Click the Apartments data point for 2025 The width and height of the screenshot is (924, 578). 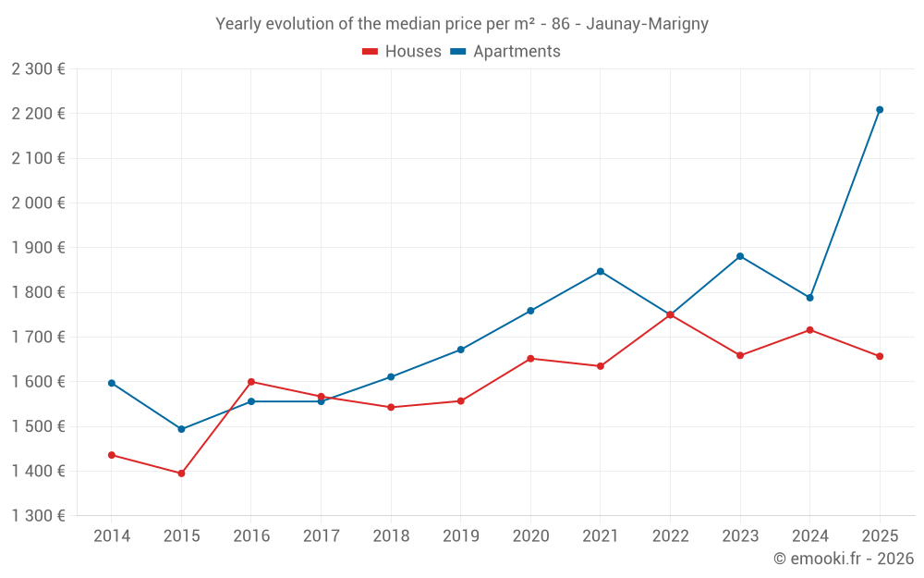point(880,110)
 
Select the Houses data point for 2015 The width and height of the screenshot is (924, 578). point(181,473)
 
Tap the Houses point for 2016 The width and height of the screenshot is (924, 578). point(251,382)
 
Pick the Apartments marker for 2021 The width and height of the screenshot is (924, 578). point(601,271)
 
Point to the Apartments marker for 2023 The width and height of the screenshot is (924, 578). point(740,256)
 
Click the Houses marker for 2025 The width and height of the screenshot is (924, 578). point(880,356)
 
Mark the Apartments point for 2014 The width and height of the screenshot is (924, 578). point(112,383)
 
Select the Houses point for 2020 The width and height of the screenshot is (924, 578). point(530,359)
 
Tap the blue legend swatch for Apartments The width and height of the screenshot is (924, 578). point(457,52)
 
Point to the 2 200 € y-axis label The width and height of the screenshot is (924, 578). point(38,114)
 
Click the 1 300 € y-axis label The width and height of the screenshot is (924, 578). point(38,516)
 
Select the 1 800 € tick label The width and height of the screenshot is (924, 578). point(38,292)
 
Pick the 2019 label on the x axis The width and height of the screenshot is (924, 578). point(460,535)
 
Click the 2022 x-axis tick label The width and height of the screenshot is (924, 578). point(670,535)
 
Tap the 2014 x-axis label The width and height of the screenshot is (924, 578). point(112,535)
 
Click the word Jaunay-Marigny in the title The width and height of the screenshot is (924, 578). point(647,24)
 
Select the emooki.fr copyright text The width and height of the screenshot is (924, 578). point(843,559)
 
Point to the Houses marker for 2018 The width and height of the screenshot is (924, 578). point(391,407)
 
